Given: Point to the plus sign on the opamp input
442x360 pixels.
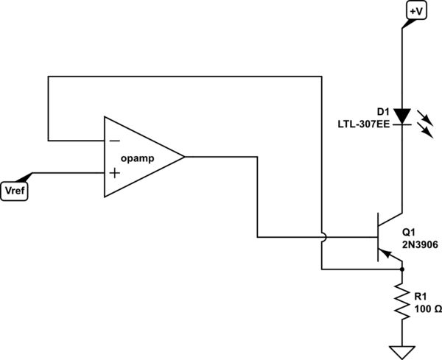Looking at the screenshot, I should coord(115,173).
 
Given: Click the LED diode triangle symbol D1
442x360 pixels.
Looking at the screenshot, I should coord(401,116).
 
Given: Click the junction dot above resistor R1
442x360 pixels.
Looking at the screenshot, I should coord(401,269).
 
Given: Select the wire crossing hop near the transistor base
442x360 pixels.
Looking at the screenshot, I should coord(321,237).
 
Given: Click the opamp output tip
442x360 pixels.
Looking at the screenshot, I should coord(183,157).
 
